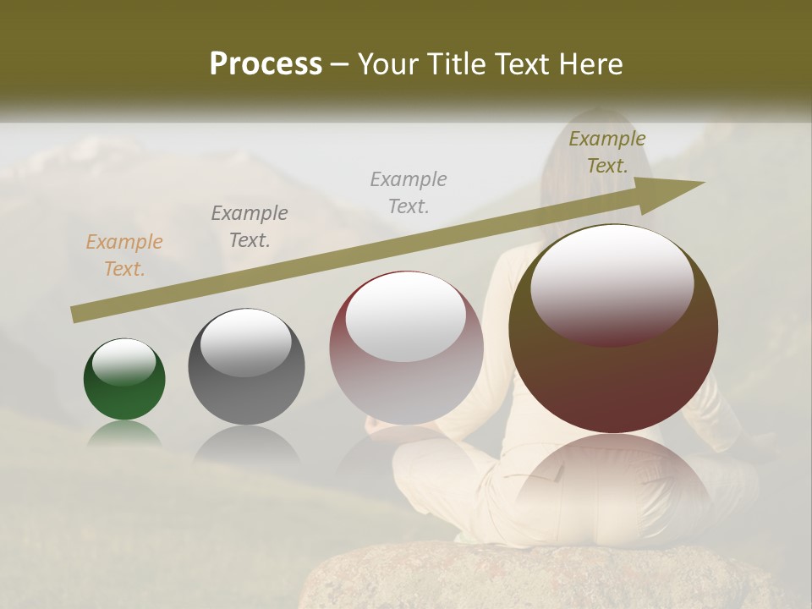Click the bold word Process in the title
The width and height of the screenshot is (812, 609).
coord(266,64)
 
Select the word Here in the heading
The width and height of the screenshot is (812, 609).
coord(592,64)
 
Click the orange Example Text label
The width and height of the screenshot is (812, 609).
coord(124,255)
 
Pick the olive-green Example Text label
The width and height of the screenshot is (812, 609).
coord(606,152)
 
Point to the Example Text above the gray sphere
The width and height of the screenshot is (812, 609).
coord(250,227)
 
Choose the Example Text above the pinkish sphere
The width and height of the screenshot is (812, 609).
coord(409,193)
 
